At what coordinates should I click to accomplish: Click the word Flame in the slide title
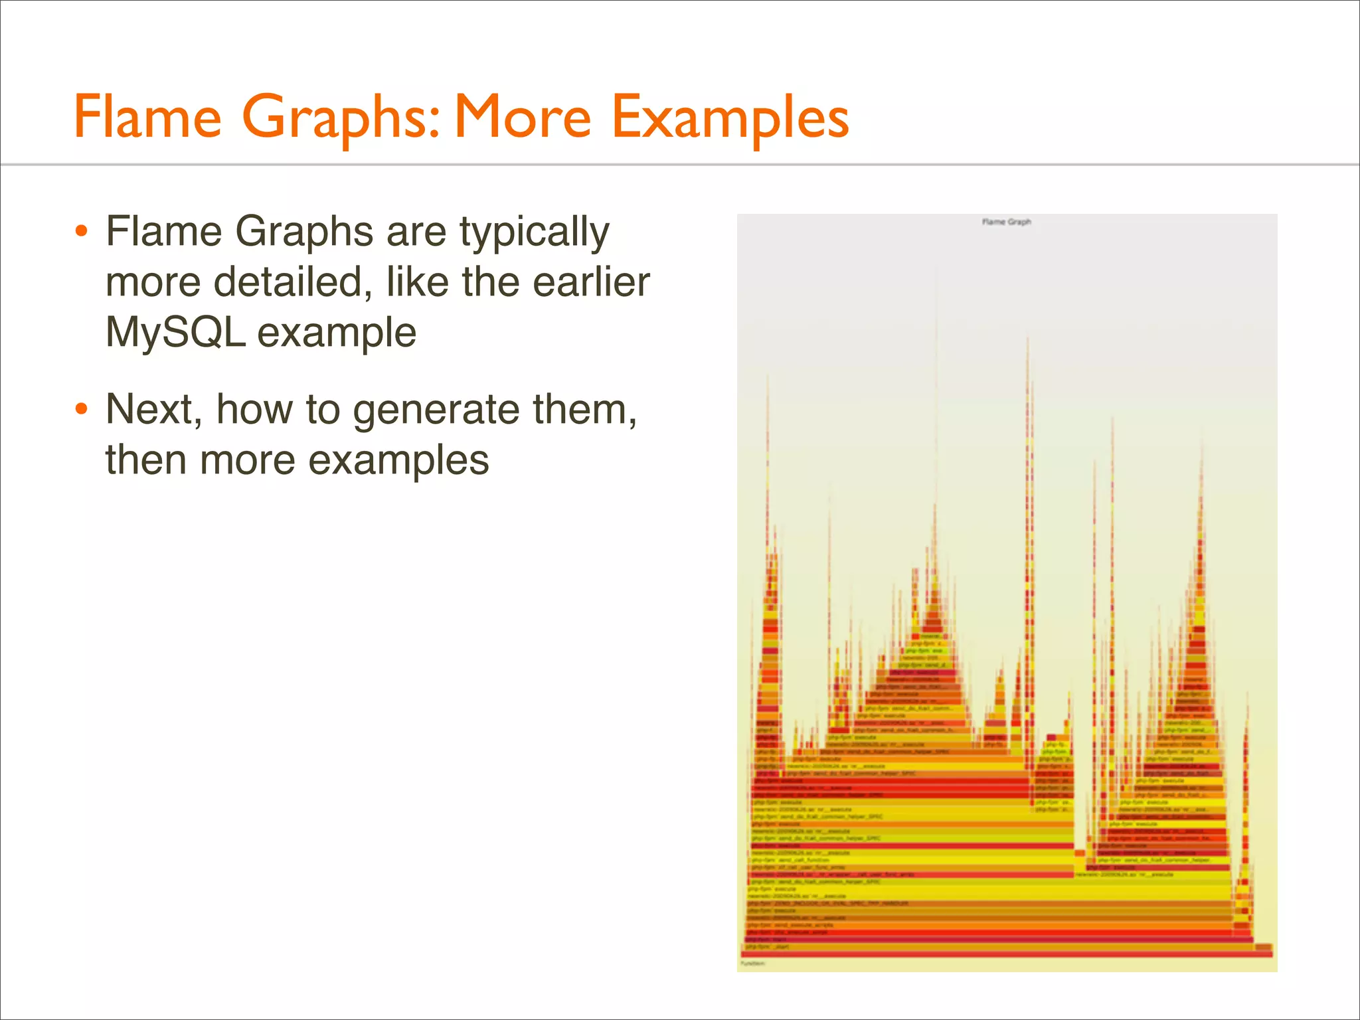[147, 117]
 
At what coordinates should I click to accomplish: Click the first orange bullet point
[81, 232]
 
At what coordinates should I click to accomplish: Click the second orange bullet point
[81, 409]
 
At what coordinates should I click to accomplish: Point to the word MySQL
[175, 332]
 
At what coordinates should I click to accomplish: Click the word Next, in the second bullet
[153, 410]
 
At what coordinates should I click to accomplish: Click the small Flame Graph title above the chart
[1006, 222]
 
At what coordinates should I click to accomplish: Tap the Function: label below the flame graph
[753, 964]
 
